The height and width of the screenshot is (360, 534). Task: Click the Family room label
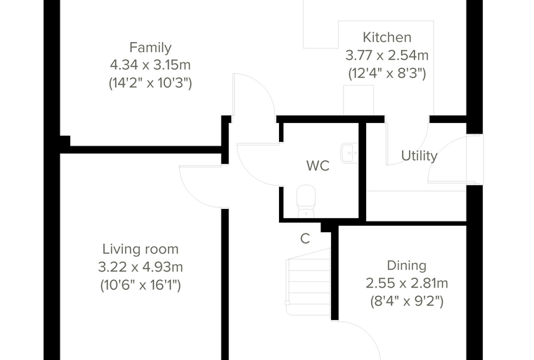click(x=150, y=47)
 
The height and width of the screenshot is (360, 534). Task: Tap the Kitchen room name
click(x=387, y=37)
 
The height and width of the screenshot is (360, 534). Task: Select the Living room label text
click(x=141, y=249)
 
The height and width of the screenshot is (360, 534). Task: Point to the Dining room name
click(x=407, y=266)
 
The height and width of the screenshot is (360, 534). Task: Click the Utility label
click(x=419, y=156)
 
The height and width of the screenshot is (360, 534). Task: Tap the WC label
click(x=318, y=166)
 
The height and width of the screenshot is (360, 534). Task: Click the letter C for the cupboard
click(x=305, y=238)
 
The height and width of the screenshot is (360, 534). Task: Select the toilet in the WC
click(x=306, y=201)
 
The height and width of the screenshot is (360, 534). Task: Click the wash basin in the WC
click(x=349, y=153)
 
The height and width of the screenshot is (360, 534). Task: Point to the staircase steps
click(x=308, y=282)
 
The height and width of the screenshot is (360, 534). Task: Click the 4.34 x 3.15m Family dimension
click(x=150, y=65)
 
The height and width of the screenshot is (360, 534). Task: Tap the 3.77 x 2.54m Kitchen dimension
click(x=387, y=56)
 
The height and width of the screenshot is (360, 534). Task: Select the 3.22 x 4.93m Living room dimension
click(x=141, y=267)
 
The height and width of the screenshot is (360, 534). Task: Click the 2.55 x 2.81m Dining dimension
click(x=407, y=283)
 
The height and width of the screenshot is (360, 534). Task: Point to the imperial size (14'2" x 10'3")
click(x=150, y=83)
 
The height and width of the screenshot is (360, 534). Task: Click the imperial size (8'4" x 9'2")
click(x=407, y=302)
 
